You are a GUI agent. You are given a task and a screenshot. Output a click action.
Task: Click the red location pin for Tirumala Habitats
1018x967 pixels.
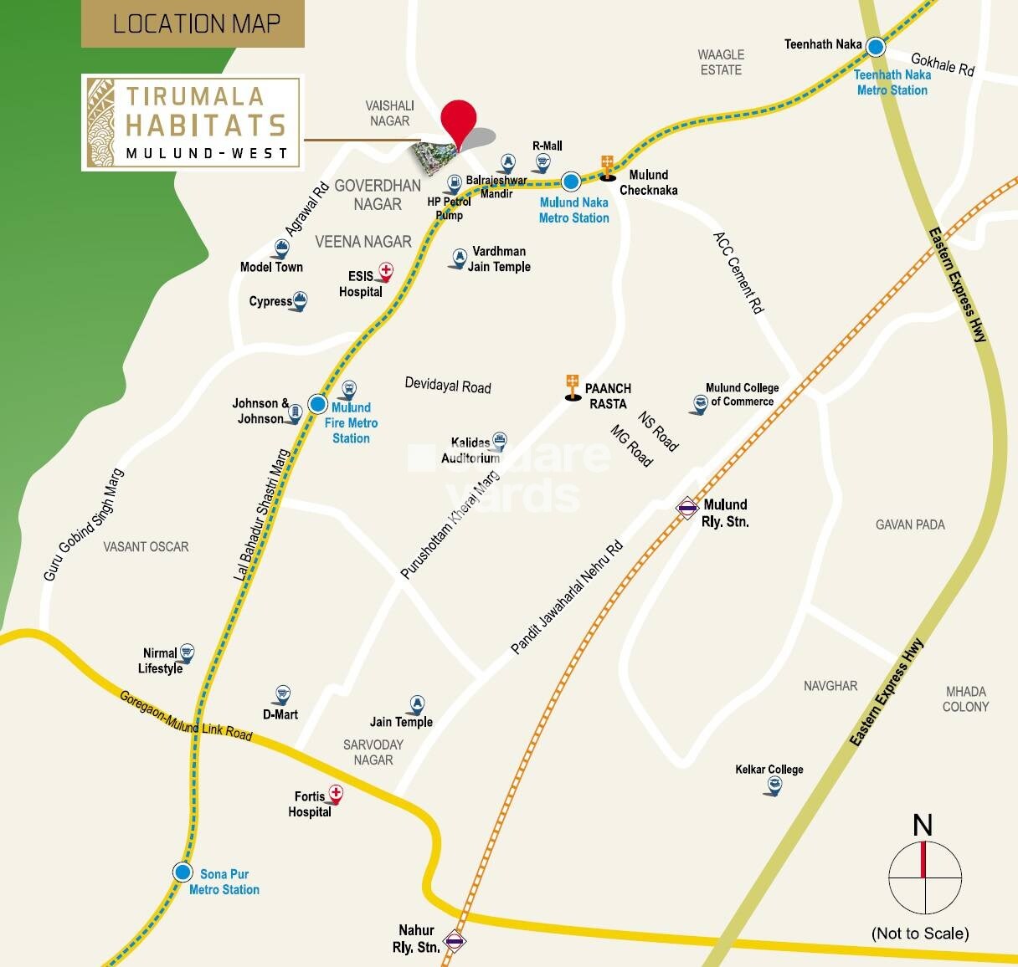458,121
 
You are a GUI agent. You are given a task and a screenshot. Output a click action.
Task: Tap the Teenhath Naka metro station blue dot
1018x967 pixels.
876,47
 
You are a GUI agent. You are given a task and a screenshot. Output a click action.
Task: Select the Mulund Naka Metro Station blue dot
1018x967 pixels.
571,181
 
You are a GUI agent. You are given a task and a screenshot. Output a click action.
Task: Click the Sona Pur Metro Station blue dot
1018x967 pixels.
183,872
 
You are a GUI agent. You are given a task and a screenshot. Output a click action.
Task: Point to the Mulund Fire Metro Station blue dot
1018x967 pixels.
318,405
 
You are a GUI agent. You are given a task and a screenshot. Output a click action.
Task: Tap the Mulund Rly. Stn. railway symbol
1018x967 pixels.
687,507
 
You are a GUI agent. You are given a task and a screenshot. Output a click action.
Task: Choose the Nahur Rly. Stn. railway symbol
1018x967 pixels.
455,940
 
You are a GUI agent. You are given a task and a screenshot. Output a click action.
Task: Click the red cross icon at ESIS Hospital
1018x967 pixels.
386,271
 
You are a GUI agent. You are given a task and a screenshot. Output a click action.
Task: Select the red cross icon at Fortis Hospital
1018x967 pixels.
336,792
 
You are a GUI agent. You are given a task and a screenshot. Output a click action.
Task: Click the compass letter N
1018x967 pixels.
923,826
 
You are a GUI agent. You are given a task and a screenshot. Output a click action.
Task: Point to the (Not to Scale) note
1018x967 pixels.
920,934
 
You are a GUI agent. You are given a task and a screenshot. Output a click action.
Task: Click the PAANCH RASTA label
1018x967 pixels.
608,396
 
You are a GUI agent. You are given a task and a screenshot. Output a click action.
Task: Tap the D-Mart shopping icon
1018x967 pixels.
282,695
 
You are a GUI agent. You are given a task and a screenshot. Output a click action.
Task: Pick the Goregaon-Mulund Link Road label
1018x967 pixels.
185,715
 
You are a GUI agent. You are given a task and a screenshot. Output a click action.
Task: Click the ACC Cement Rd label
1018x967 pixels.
739,273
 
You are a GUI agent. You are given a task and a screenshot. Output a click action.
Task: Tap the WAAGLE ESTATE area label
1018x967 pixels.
721,62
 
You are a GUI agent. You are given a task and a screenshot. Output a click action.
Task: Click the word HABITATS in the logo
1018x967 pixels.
205,125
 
